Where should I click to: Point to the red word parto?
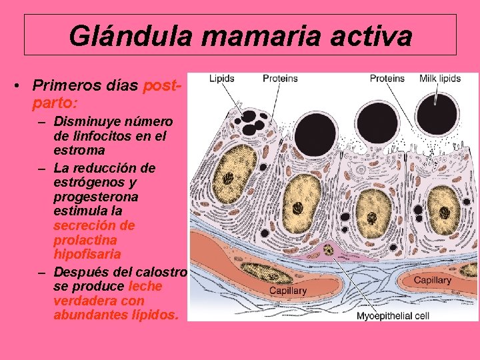[54, 103]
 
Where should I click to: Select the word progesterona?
[96, 197]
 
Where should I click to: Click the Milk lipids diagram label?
[440, 78]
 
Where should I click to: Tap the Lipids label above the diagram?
[222, 78]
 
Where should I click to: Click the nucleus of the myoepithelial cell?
[328, 250]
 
